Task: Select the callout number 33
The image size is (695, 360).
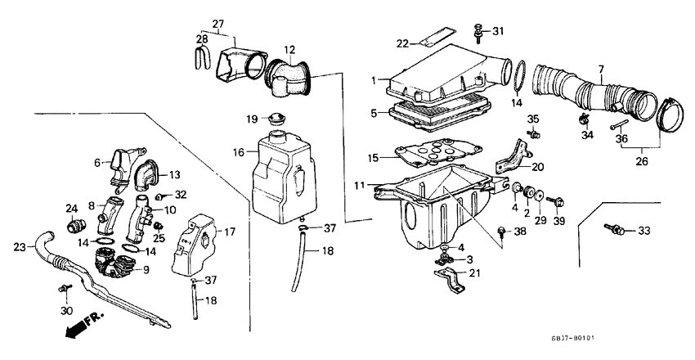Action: point(644,232)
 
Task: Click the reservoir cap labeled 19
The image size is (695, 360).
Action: point(278,119)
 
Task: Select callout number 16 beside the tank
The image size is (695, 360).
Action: point(239,152)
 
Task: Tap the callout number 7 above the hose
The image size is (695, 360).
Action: point(601,68)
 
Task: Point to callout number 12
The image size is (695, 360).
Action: point(289,50)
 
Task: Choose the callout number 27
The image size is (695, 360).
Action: point(217,22)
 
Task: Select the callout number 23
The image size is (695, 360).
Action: point(19,244)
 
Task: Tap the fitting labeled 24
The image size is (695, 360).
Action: point(75,223)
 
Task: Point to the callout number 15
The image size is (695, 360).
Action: point(372,158)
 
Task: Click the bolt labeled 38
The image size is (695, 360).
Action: point(501,232)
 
